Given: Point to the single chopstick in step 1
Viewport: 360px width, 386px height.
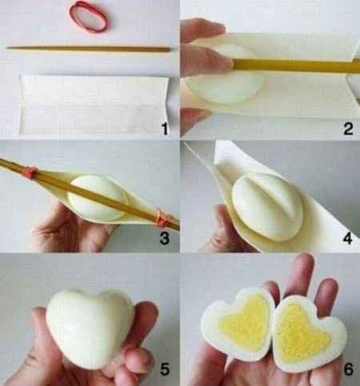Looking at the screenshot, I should click(88, 49).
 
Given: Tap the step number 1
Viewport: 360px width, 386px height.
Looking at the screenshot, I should click(163, 128).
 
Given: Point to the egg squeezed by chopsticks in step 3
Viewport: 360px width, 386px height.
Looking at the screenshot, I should click(98, 198).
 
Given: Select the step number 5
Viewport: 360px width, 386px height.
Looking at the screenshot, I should click(163, 371).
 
